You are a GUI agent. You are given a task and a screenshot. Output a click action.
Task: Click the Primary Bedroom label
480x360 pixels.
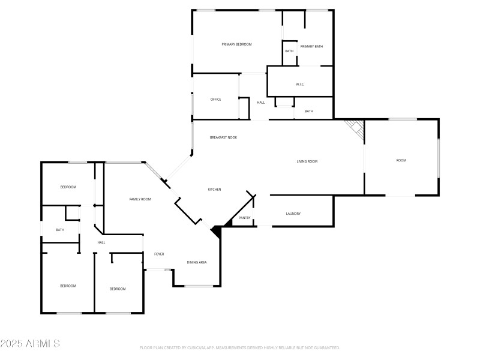[x=236, y=44]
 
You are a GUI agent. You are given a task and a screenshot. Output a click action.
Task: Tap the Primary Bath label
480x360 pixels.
[x=312, y=46]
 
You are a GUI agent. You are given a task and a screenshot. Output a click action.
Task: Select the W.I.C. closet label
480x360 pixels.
[x=300, y=84]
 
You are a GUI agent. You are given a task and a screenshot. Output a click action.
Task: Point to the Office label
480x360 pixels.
[x=216, y=100]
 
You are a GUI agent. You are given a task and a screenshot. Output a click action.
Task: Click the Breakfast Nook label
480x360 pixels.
[x=223, y=137]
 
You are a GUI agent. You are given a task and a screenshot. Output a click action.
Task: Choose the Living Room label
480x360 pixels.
[x=307, y=161]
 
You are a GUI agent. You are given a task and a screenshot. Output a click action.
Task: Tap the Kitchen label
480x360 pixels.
[x=215, y=190]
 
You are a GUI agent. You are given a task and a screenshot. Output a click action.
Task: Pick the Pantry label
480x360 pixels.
[x=245, y=218]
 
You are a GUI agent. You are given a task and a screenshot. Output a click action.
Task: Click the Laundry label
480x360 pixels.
[x=293, y=214]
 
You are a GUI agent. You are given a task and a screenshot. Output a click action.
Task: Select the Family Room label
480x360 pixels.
[x=140, y=199]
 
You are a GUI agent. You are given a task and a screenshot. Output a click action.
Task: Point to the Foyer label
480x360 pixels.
[x=159, y=254]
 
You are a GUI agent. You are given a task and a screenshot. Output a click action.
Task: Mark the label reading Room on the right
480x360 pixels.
[x=401, y=160]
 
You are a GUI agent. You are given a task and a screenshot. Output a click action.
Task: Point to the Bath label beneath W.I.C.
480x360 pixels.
[x=308, y=111]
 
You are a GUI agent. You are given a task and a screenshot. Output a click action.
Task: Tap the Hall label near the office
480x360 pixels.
[x=261, y=103]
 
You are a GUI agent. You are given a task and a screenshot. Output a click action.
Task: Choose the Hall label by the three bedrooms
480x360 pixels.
[x=101, y=242]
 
